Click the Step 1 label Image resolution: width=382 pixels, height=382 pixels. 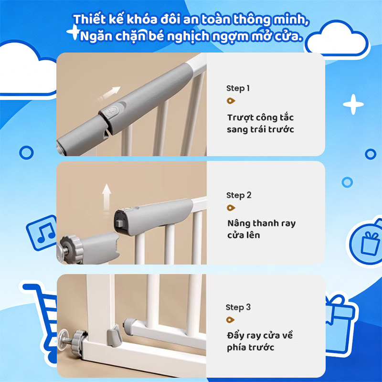pos(238,88)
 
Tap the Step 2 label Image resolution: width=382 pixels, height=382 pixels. pos(239,195)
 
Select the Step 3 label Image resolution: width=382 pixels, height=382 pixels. pos(238,307)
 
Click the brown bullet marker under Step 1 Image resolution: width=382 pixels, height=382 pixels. pos(231,101)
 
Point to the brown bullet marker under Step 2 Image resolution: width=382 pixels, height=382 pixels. pos(231,208)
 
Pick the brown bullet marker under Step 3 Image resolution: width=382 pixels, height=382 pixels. pos(230,319)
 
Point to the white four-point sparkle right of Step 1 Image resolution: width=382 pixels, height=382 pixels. pos(353,104)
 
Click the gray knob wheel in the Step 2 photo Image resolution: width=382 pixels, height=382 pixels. pos(71,248)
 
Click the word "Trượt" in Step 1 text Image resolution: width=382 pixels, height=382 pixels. pos(240,118)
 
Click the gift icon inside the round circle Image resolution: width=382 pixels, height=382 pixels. pos(370,243)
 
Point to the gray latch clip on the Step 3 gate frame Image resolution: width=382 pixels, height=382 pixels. pos(114,336)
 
